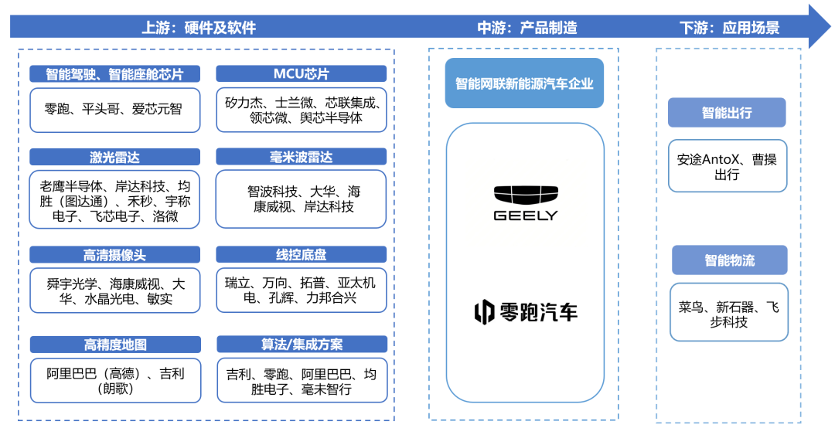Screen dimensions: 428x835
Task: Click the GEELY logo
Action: click(525, 203)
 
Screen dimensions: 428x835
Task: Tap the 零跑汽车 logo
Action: click(525, 311)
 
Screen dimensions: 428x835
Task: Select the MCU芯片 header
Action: click(301, 74)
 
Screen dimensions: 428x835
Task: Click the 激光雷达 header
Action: click(114, 158)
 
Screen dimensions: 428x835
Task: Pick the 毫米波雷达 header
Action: click(301, 158)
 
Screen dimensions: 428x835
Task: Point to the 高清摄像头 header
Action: click(114, 256)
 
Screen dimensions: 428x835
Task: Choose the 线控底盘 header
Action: click(301, 256)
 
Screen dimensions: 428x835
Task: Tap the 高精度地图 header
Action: click(114, 345)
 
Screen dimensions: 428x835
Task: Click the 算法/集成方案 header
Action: click(302, 345)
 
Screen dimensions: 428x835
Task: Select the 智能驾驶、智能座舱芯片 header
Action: click(114, 74)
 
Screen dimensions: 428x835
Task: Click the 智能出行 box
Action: click(726, 113)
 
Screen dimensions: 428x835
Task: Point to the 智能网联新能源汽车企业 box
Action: click(524, 83)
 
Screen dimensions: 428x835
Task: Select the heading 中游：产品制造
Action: click(527, 28)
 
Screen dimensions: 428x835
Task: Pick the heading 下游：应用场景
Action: click(729, 28)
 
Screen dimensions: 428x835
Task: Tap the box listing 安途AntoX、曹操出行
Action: click(727, 167)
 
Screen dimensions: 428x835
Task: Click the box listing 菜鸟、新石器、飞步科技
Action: click(728, 314)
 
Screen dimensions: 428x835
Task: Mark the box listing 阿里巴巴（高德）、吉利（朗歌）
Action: click(114, 381)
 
